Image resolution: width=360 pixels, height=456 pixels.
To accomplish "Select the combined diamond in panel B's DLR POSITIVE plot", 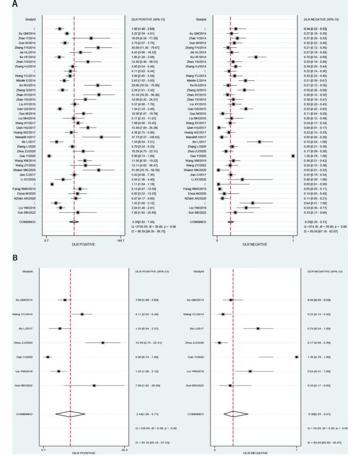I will pyautogui.click(x=70, y=414).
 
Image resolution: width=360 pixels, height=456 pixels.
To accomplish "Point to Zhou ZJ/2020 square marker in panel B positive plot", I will pyautogui.click(x=102, y=342).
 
